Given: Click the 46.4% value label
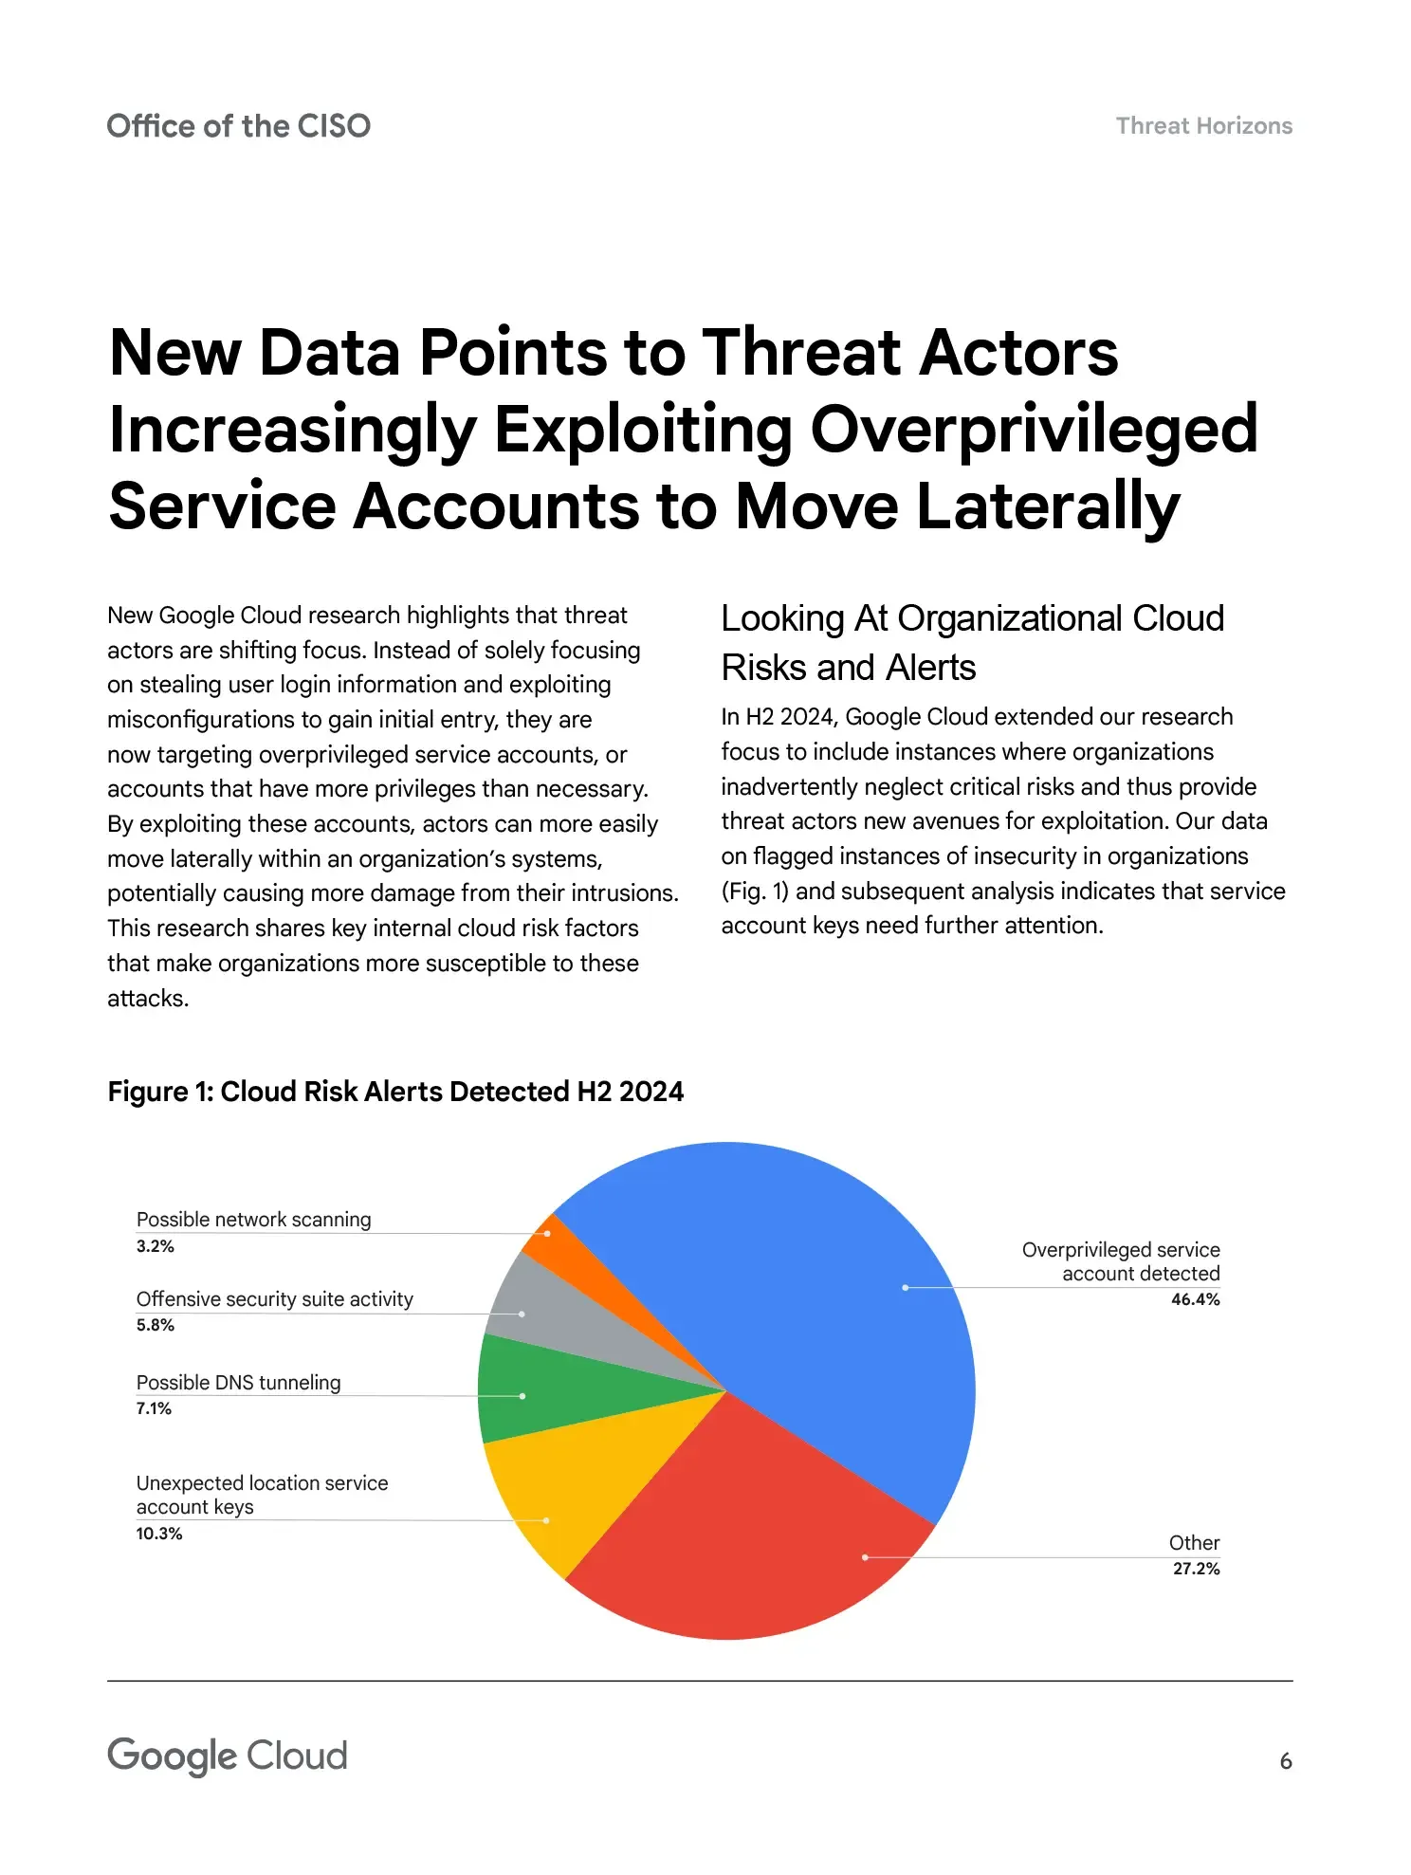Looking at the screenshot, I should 1195,1299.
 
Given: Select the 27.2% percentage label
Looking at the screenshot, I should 1196,1569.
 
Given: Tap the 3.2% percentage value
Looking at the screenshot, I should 156,1246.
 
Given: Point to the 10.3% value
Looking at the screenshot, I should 159,1534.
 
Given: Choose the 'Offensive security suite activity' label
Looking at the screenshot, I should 274,1298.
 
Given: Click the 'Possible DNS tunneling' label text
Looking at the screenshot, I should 238,1382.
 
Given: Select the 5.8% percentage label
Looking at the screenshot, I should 156,1325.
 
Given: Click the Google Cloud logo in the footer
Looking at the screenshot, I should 228,1756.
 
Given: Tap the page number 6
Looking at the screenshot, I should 1285,1761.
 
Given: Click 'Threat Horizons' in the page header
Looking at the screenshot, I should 1203,126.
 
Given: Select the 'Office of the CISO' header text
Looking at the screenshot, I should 238,126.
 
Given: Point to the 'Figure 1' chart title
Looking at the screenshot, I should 395,1092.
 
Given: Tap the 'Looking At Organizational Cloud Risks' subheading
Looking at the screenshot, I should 972,642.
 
